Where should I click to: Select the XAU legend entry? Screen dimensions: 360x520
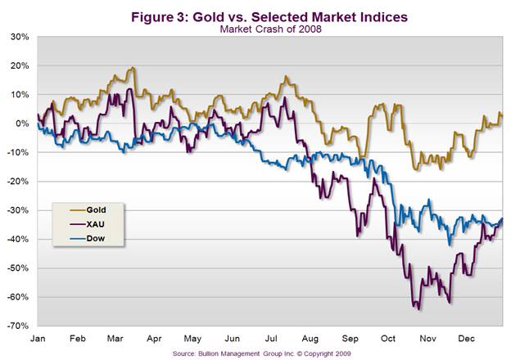tap(88, 224)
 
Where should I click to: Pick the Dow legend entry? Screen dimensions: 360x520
tap(88, 239)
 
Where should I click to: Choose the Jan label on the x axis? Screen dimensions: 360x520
tap(37, 337)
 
